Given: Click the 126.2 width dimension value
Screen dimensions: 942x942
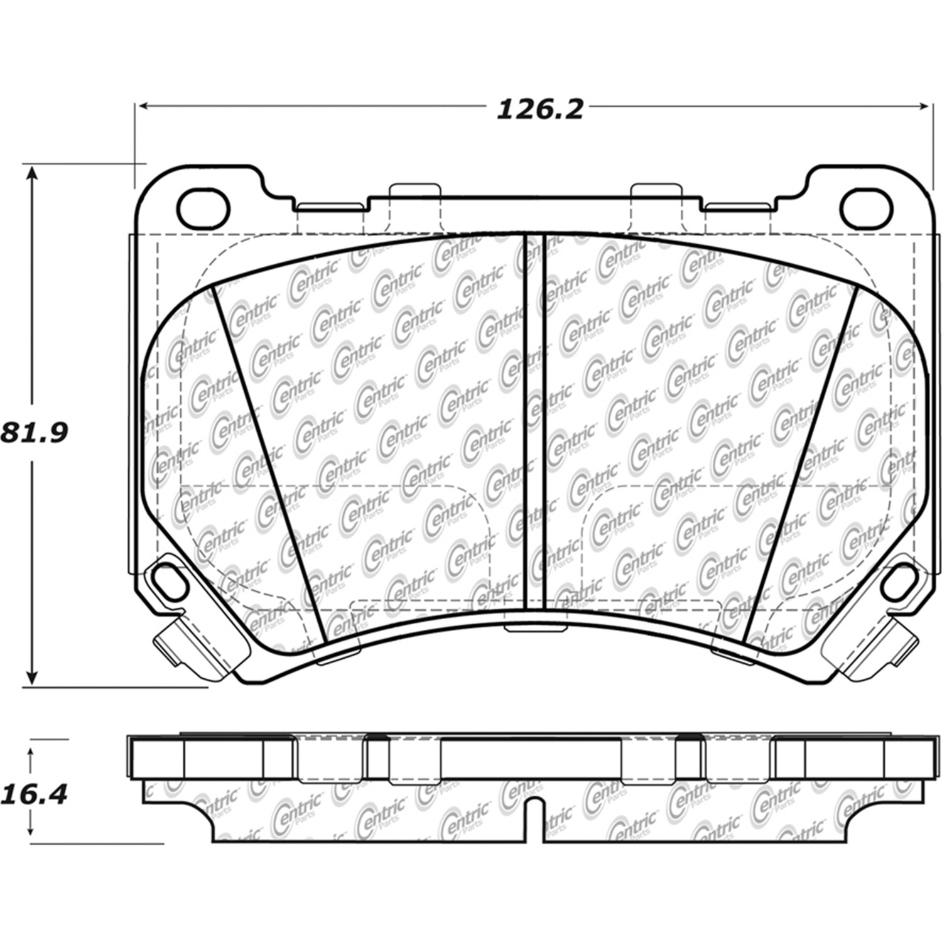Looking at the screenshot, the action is point(540,110).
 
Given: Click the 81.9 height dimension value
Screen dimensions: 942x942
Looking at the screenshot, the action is point(34,433).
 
